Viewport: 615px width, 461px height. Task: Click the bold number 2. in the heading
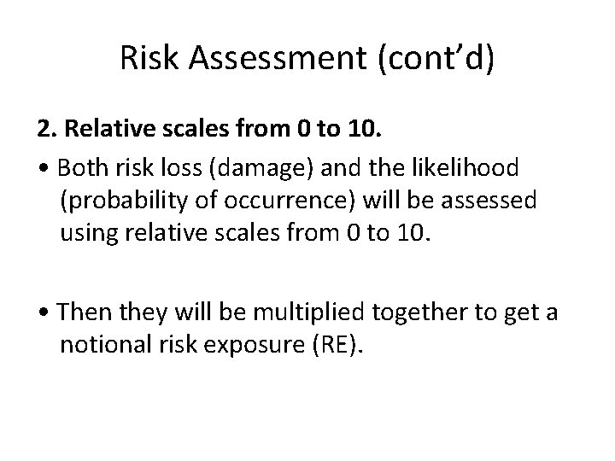[x=45, y=131]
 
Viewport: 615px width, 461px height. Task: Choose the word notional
[x=101, y=345]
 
